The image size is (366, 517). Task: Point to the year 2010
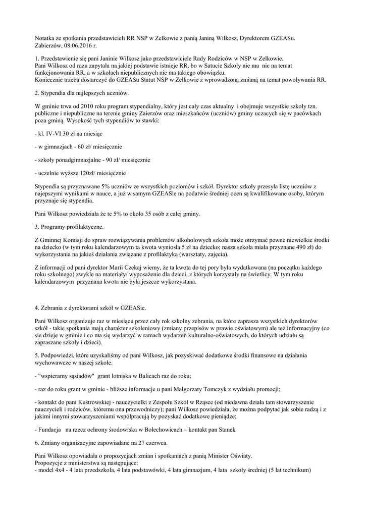(x=84, y=107)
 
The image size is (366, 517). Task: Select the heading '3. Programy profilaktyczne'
(x=69, y=227)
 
